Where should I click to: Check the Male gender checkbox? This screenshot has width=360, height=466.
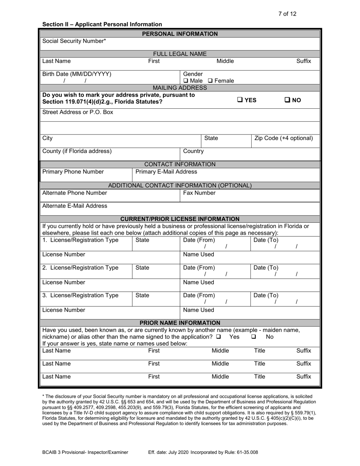186,81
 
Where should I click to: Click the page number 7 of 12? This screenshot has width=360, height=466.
287,14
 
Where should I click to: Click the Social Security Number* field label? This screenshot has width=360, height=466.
74,41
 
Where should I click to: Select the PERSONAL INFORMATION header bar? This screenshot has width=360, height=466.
180,34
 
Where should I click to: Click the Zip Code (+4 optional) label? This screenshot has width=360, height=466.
284,138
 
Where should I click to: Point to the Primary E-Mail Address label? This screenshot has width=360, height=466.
166,172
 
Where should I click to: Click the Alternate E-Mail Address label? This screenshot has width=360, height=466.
75,206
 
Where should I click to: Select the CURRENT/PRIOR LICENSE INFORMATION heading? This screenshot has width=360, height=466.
180,219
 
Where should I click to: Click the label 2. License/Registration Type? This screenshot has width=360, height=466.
80,267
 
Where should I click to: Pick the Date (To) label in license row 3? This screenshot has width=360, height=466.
266,296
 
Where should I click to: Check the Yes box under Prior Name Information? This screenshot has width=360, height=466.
218,337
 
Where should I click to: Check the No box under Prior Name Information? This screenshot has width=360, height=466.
254,337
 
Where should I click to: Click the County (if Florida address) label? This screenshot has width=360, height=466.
77,151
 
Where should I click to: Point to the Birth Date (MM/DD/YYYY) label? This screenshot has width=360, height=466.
77,74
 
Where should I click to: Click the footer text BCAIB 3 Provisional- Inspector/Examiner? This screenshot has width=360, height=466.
85,452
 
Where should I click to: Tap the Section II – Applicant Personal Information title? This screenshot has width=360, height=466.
102,24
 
